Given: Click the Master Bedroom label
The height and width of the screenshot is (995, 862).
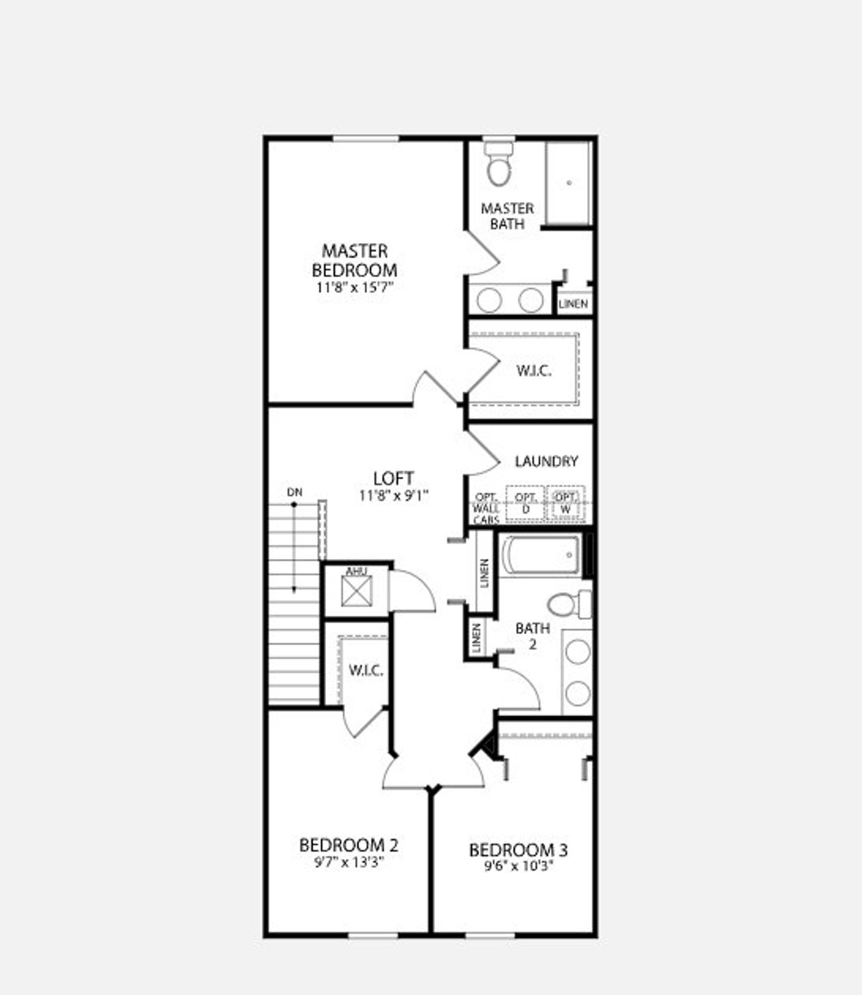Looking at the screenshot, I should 354,261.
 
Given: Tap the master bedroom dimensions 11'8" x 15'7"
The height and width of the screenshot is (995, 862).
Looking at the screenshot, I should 354,288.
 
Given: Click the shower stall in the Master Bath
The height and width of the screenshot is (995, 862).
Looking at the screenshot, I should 568,183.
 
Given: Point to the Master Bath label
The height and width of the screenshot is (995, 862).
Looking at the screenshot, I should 507,216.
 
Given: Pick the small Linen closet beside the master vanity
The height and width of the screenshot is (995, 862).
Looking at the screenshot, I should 573,304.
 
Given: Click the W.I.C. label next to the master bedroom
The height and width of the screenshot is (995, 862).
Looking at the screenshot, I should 533,371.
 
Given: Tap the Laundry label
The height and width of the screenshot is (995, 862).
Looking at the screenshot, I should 546,461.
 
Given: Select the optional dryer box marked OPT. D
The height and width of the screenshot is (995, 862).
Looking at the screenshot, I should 525,503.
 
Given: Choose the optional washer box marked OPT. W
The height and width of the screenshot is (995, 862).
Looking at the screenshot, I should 565,503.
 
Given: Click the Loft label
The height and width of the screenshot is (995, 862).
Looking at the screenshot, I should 393,478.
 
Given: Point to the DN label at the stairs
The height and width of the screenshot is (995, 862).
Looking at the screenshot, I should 294,492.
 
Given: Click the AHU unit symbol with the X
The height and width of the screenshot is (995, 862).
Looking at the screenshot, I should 356,591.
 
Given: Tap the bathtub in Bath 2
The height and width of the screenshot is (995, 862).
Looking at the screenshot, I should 541,556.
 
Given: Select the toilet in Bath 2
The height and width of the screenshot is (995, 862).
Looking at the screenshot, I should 568,604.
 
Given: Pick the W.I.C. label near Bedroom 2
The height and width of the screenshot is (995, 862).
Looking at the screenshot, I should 366,670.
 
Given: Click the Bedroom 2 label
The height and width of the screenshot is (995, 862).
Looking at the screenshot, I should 348,845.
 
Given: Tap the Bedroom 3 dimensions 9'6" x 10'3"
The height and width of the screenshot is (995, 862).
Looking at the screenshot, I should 518,866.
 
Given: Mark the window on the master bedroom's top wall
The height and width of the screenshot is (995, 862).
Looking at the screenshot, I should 366,139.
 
